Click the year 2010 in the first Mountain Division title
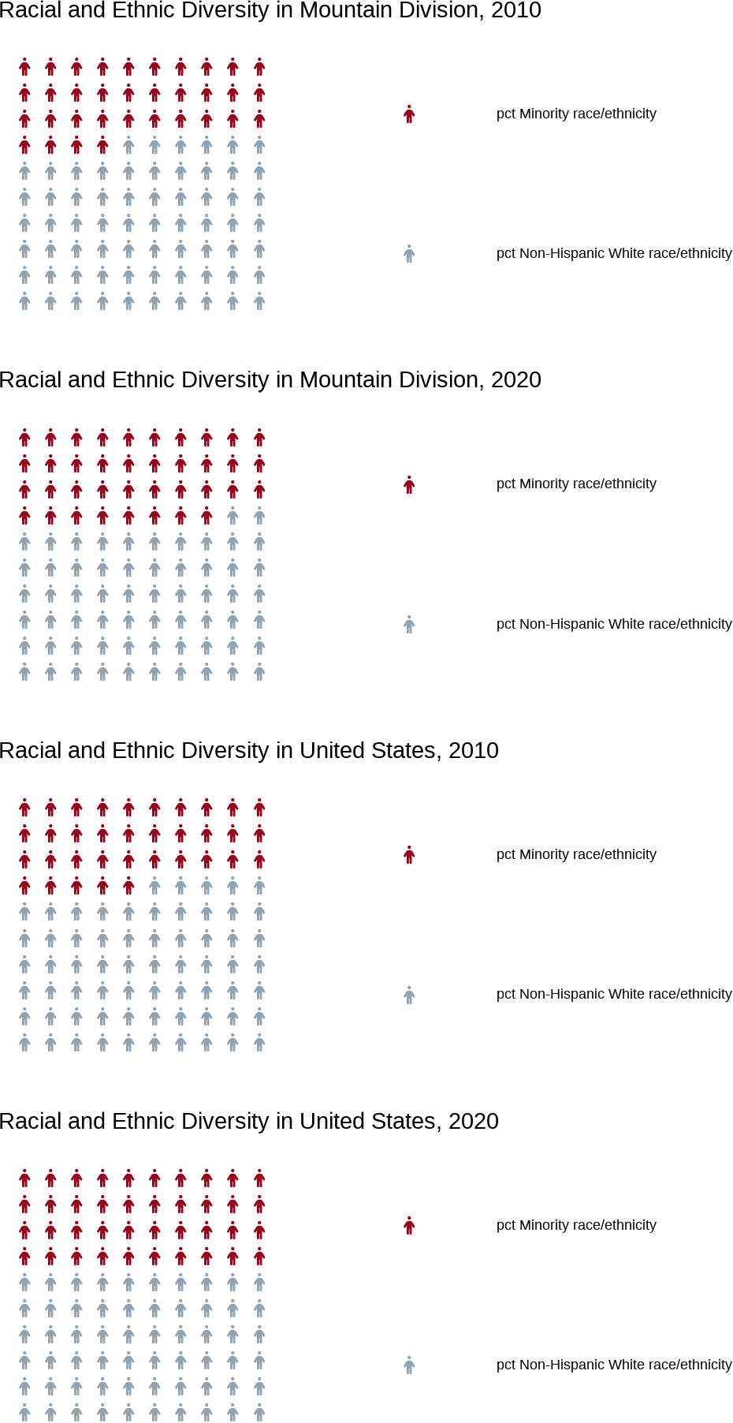coord(516,10)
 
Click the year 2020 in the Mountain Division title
coord(516,380)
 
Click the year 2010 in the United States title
coord(474,751)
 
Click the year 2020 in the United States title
coord(474,1122)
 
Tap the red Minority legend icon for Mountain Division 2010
coord(409,114)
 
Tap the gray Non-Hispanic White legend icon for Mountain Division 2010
coord(409,254)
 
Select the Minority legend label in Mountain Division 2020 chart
coord(576,484)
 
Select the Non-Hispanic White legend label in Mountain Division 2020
coord(614,624)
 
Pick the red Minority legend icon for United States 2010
coord(409,855)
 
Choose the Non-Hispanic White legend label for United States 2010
coord(614,995)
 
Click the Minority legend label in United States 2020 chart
coord(576,1226)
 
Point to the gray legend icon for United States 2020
coord(409,1365)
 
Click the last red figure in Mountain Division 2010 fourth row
coord(102,145)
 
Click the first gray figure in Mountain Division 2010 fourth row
coord(128,145)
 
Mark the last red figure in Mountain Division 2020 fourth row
coord(207,517)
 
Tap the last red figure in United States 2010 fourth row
coord(128,887)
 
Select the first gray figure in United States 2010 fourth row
coord(154,887)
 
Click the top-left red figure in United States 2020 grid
coord(24,1179)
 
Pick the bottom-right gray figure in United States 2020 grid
coord(259,1413)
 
